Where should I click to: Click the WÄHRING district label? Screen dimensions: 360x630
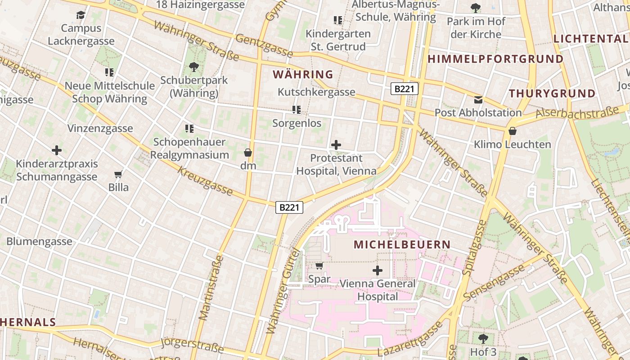click(x=303, y=74)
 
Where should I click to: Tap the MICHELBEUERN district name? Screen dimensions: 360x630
click(x=402, y=245)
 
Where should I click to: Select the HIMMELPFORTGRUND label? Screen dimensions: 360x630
click(x=495, y=59)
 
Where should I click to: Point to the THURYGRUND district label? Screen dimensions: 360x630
click(x=552, y=94)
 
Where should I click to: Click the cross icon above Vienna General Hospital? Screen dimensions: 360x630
click(x=378, y=270)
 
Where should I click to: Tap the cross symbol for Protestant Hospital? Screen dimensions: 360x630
click(x=336, y=145)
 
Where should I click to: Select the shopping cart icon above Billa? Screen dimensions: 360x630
click(x=118, y=174)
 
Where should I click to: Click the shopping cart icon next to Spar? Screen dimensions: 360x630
click(x=319, y=265)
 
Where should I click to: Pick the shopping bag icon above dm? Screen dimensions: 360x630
click(x=247, y=153)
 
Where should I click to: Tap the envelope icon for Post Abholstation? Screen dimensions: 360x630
click(x=478, y=99)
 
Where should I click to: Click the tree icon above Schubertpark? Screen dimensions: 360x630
click(x=194, y=67)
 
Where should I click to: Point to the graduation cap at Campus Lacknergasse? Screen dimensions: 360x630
click(x=81, y=15)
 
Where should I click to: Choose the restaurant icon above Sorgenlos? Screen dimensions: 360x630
click(x=297, y=110)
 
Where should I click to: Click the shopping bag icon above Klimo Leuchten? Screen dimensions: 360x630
click(x=512, y=131)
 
